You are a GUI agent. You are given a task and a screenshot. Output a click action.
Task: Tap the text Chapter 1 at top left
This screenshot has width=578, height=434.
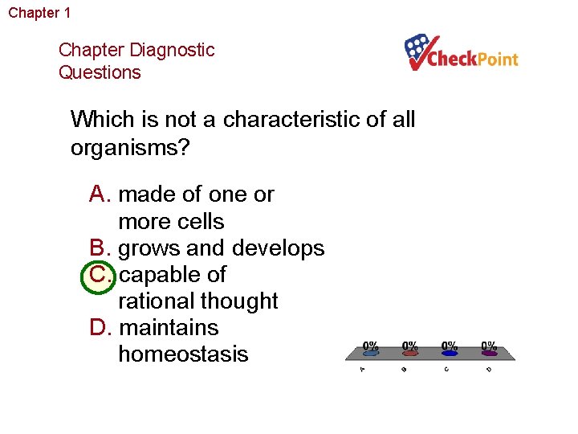point(39,13)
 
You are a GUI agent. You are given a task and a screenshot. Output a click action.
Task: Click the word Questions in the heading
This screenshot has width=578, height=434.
point(100,72)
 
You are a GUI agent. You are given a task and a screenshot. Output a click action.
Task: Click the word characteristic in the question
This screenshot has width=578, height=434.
point(299,120)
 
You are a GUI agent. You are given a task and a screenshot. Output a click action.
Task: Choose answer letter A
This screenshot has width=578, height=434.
point(100,194)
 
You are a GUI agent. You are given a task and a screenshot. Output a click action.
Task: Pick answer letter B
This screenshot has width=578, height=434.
point(100,248)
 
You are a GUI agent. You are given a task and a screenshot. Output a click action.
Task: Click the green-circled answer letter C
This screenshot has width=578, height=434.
point(100,274)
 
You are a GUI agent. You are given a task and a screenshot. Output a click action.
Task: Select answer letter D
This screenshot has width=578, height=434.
point(100,327)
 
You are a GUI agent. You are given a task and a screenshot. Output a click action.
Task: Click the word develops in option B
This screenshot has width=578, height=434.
point(279,248)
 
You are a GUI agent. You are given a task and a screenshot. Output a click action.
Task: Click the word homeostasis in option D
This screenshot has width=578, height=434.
point(183,354)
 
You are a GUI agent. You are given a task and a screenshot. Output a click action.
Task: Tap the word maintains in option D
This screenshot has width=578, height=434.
point(168,327)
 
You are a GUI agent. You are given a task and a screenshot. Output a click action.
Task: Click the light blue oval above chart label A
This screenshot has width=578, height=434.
point(370,352)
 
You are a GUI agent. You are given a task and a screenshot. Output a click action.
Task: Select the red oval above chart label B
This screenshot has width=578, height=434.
point(410,352)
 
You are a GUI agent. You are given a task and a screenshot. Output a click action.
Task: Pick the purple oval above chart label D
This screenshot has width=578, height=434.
point(489,352)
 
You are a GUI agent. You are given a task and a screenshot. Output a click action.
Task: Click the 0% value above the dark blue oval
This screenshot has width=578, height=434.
point(450,345)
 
